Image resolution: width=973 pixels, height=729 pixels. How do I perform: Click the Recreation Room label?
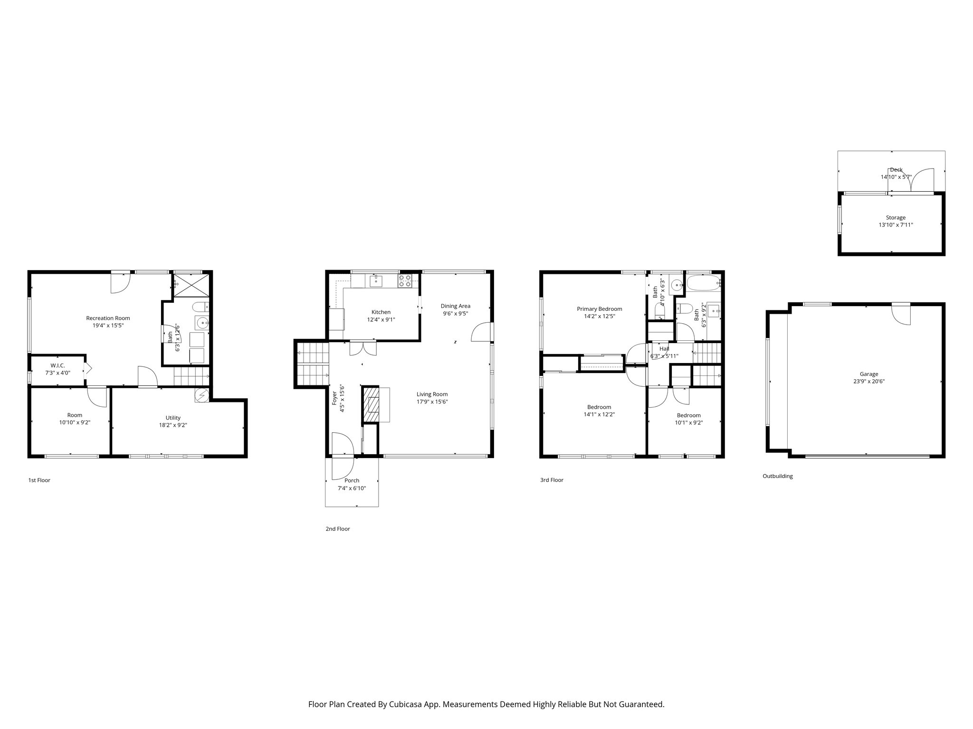tap(108, 318)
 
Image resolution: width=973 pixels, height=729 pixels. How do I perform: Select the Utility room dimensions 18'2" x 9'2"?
tap(173, 425)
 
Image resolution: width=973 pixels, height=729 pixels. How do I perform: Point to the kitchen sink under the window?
tap(376, 280)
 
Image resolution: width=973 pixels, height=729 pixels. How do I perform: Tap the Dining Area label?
tap(455, 306)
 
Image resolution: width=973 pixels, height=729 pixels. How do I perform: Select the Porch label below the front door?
tap(352, 480)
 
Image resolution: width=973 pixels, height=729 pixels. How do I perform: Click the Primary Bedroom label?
tap(599, 309)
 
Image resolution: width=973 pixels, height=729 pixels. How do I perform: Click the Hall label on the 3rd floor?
tap(664, 349)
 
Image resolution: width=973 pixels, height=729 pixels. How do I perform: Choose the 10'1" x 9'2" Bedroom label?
tap(688, 422)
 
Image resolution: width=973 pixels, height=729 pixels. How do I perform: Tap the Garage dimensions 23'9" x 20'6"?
tap(868, 381)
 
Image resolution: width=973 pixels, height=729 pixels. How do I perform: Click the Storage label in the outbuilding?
tap(896, 218)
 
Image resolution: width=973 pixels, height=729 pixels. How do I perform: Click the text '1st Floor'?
tap(39, 480)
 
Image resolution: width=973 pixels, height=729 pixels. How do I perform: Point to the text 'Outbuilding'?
tap(777, 476)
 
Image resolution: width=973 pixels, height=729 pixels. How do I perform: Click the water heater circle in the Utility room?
tap(202, 395)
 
